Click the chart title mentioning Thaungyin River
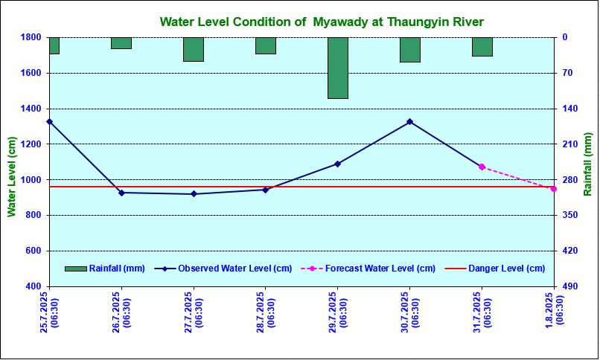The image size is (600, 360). (322, 22)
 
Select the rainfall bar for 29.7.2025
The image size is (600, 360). (337, 68)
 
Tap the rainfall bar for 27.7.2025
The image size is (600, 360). (194, 49)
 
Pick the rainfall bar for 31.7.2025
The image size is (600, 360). (482, 47)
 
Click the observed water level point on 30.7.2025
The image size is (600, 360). (409, 121)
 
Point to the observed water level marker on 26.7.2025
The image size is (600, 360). (121, 193)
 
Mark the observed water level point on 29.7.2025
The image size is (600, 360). (337, 164)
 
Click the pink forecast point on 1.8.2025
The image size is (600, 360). (553, 189)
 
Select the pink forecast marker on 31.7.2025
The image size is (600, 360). (482, 167)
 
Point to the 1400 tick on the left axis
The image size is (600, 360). (31, 109)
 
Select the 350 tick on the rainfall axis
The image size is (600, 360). (571, 216)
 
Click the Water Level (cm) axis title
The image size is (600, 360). (11, 177)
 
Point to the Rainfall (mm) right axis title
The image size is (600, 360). (588, 164)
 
